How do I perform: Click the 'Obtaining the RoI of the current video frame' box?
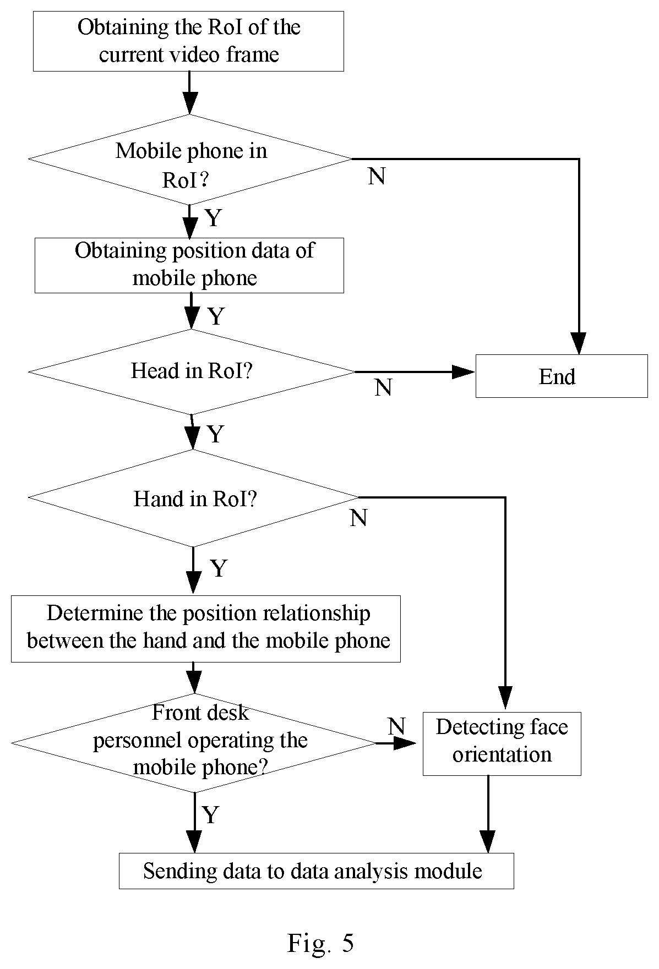pos(188,41)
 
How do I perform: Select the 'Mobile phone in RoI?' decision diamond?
pos(190,160)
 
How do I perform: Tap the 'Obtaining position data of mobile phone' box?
pos(189,265)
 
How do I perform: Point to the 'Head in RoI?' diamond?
pos(192,372)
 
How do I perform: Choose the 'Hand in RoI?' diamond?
pos(193,498)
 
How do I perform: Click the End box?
pos(562,376)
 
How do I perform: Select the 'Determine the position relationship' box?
pos(206,628)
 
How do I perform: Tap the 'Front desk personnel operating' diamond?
pos(194,743)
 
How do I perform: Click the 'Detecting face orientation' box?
pos(502,743)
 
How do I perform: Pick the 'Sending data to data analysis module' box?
pos(317,871)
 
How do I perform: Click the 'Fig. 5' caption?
pos(320,943)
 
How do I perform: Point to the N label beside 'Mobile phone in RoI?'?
pos(377,176)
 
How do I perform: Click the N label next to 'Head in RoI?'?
pos(383,387)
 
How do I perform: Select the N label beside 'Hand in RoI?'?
pos(358,518)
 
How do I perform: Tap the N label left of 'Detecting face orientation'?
pos(396,726)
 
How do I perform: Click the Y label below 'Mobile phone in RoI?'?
pos(213,218)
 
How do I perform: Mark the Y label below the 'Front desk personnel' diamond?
pos(211,814)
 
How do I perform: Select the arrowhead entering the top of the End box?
pos(579,343)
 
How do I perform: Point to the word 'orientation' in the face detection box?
pos(502,754)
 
